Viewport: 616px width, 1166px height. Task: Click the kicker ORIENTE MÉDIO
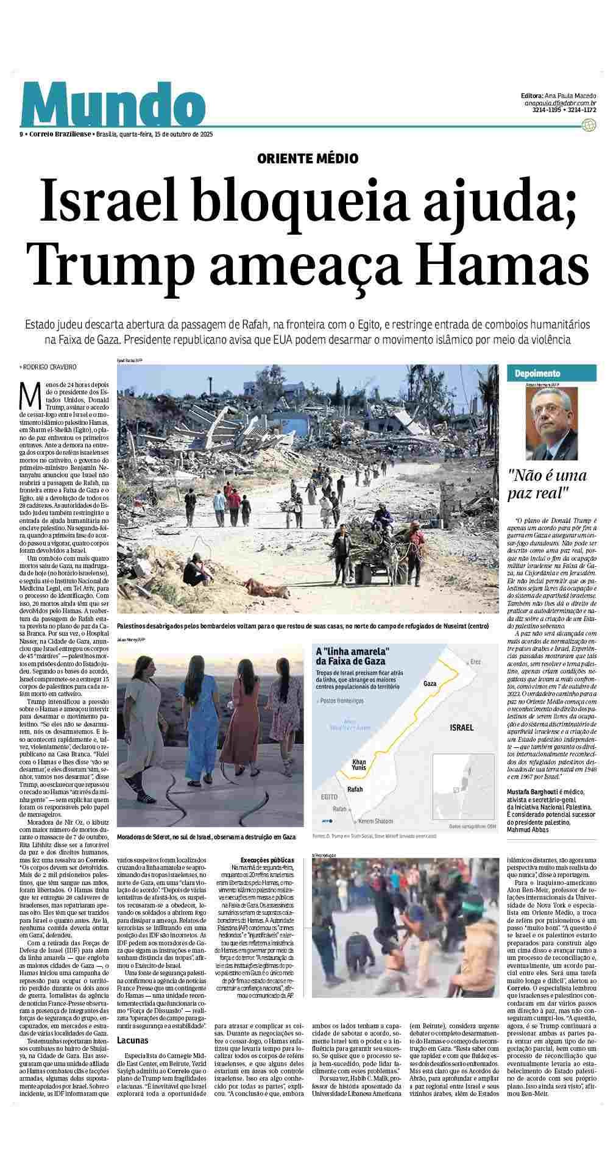pyautogui.click(x=308, y=159)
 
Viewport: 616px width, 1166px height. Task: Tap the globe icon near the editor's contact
pyautogui.click(x=589, y=126)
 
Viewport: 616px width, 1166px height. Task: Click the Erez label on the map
pyautogui.click(x=476, y=661)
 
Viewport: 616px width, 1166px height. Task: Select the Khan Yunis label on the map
pyautogui.click(x=359, y=766)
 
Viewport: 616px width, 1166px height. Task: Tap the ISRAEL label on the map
pyautogui.click(x=461, y=728)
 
